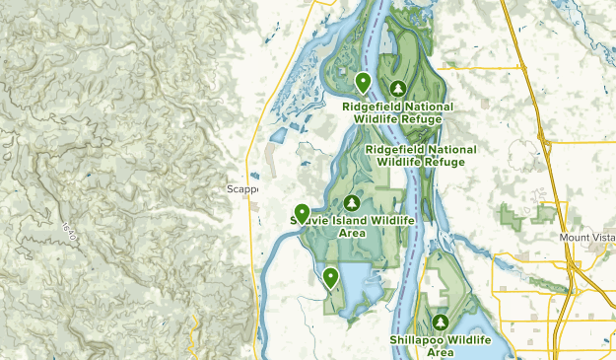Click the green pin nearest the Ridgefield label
363,83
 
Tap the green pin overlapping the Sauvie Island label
302,212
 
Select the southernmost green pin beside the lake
330,277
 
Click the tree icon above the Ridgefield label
398,88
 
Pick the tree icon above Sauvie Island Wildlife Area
350,202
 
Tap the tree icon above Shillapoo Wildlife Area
440,323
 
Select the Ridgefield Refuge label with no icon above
421,156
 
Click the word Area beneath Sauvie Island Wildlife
350,234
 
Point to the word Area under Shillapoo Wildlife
440,352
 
